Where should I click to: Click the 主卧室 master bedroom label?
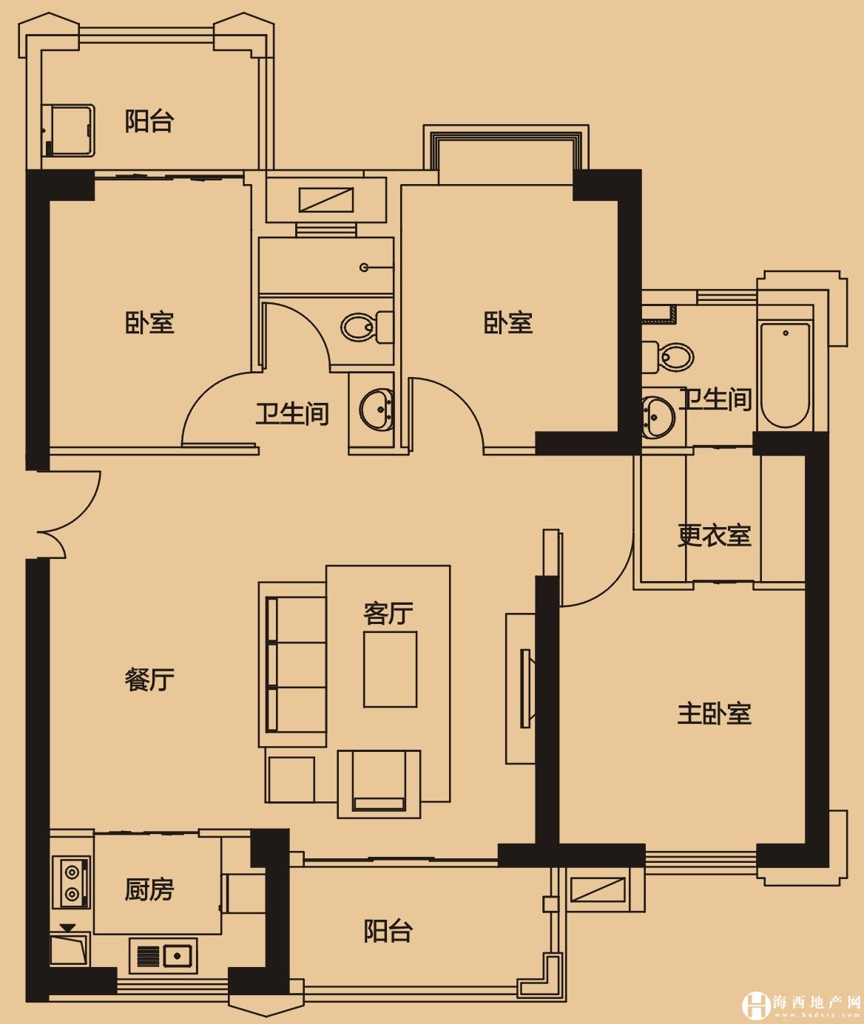point(714,714)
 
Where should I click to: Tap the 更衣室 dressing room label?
point(714,535)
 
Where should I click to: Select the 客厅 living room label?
point(388,614)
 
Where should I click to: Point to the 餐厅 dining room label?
point(149,679)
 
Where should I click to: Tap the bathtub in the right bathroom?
point(785,375)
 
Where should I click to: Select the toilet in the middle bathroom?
point(366,327)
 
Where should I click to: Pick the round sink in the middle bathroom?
point(377,409)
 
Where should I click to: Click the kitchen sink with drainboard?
point(163,956)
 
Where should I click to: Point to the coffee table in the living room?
point(390,669)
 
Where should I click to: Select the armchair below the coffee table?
point(379,784)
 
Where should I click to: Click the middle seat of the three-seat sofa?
point(296,665)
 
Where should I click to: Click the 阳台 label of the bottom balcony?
point(388,931)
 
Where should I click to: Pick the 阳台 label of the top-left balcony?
point(149,121)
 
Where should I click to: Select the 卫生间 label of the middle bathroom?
point(292,413)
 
